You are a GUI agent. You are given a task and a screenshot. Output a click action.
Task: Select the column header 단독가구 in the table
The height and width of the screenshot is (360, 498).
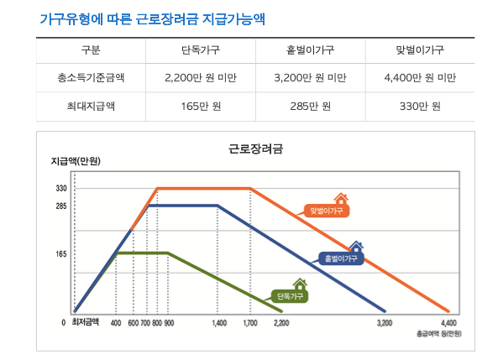click(201, 50)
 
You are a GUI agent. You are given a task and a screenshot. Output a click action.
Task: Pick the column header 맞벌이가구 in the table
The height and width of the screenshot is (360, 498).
click(419, 50)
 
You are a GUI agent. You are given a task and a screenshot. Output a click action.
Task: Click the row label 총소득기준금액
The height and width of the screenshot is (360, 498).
click(90, 78)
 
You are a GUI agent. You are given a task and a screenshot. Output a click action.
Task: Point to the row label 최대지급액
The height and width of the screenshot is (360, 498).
click(90, 106)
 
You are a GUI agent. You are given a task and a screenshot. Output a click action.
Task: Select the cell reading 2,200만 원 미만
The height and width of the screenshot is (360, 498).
click(201, 78)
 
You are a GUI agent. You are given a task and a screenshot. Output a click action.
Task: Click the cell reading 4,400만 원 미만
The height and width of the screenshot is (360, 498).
click(419, 78)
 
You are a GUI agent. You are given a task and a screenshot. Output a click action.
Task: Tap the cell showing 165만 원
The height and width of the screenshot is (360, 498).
click(201, 106)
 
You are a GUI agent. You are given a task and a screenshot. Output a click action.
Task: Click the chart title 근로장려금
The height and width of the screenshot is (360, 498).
click(255, 149)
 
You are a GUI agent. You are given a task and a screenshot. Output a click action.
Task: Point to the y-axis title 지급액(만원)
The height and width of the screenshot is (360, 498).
click(76, 161)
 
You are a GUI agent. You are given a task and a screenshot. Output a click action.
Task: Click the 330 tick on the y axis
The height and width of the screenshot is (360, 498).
click(61, 189)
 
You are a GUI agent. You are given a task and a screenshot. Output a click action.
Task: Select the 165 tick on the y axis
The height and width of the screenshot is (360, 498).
click(61, 253)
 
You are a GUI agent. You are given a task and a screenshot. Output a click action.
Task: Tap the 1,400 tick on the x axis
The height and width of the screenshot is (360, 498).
click(219, 322)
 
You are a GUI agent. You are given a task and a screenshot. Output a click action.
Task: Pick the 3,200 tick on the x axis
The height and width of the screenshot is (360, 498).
click(385, 322)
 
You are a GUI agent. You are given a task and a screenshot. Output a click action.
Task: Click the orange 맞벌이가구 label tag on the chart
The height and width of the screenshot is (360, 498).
click(328, 210)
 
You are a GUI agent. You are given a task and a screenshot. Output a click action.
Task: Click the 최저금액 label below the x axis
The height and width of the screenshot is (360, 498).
click(85, 321)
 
